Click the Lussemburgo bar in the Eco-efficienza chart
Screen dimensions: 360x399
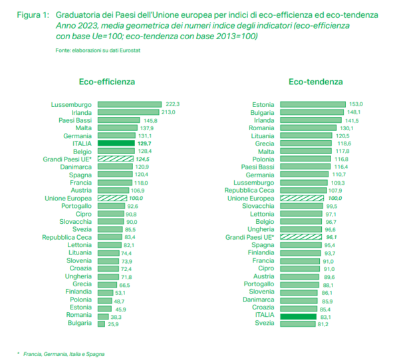pos(130,104)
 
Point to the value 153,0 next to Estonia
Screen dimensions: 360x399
pos(356,104)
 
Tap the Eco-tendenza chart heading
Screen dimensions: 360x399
pos(316,82)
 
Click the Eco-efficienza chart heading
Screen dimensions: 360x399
pos(107,82)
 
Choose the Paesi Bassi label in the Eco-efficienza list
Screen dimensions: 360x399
pos(75,120)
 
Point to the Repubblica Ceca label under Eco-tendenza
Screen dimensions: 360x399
pos(252,190)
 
